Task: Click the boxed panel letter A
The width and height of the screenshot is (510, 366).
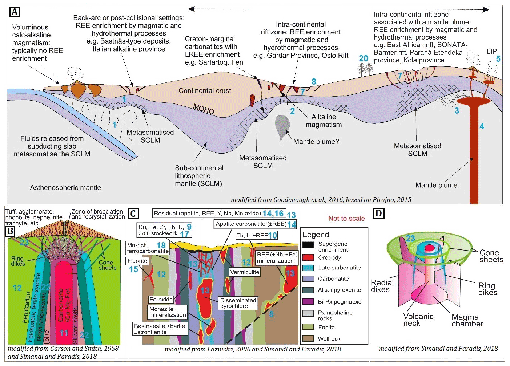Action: [15, 12]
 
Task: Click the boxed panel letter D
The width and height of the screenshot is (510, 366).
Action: [378, 213]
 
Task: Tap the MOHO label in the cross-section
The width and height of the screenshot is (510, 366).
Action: [204, 109]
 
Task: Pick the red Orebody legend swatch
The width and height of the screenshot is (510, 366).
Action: [308, 257]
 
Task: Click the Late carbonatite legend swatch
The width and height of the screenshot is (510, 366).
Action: [308, 268]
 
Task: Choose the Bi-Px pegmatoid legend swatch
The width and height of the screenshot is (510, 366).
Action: [308, 301]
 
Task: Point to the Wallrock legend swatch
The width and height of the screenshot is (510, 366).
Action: [308, 338]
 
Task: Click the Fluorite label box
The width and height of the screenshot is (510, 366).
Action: [137, 261]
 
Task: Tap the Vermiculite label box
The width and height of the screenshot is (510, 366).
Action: [245, 272]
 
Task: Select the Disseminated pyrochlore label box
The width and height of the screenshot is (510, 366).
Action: [238, 303]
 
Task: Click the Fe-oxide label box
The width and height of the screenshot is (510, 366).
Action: [161, 300]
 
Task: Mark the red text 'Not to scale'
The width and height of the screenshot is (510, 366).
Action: [346, 218]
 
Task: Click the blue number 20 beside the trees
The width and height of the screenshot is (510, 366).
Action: [364, 58]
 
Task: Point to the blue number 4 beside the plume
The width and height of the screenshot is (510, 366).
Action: [482, 126]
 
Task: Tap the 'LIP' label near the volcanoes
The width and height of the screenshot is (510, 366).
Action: [491, 51]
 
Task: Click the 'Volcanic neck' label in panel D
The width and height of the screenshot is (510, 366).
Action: [418, 320]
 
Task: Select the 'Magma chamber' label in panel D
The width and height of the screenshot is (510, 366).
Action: [467, 320]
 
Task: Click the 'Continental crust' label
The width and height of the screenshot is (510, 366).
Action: [205, 91]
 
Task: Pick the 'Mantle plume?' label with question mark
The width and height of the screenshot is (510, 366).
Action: [316, 142]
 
